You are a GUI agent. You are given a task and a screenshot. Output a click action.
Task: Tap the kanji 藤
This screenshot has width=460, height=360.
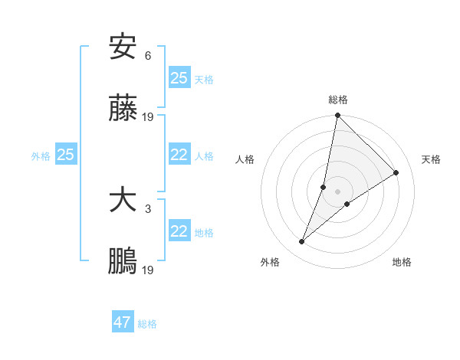pos(123,110)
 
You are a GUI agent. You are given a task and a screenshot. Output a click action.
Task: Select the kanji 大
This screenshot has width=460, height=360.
pos(123,201)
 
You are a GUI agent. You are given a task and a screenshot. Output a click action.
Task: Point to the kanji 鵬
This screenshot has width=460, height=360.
pos(123,263)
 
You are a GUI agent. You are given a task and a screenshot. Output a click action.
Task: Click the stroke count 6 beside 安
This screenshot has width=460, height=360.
pos(148,55)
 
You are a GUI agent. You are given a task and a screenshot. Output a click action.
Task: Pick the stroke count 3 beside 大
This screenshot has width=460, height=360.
pos(148,208)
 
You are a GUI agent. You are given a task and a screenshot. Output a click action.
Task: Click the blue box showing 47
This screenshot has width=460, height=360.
pos(123,322)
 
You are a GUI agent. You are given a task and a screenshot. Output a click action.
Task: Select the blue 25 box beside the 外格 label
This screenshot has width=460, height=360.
pos(65,155)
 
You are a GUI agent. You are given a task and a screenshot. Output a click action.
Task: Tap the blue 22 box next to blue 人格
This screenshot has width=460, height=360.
pos(179,155)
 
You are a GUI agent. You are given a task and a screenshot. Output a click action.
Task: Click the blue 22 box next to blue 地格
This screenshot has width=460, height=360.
pos(179,231)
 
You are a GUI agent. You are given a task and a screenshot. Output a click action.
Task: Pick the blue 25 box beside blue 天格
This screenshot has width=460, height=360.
pos(179,78)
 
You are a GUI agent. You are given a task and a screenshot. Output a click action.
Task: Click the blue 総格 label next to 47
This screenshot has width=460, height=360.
pos(147,324)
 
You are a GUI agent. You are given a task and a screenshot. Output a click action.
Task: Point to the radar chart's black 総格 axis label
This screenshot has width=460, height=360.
pos(337,100)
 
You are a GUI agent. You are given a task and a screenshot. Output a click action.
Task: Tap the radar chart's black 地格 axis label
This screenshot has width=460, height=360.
pos(402,262)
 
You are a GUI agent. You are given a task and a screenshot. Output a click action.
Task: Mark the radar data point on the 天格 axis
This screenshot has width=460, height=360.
pos(396,173)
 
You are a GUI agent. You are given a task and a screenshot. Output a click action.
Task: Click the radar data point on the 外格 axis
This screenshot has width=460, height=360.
pos(302,242)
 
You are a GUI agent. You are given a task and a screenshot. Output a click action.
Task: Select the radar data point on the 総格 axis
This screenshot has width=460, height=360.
pos(337,116)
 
